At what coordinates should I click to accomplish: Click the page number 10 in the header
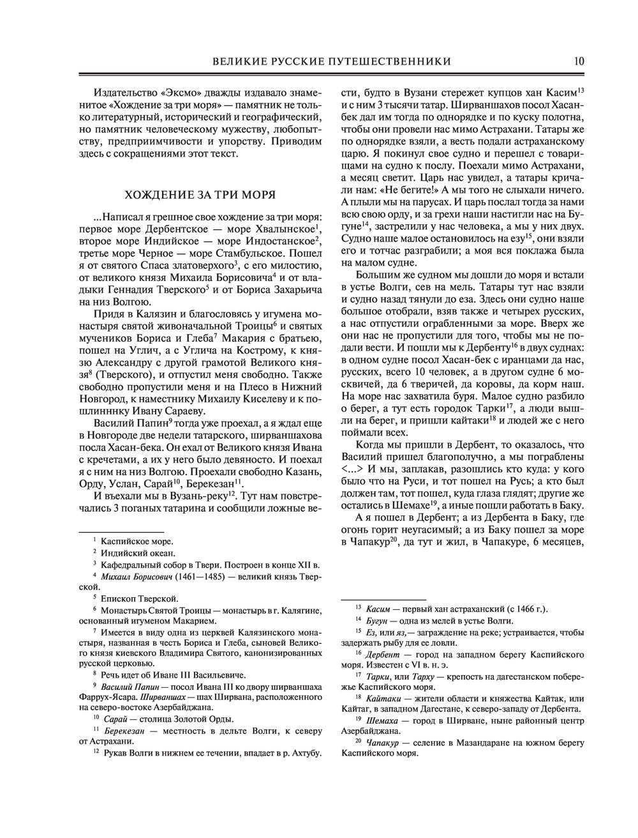(x=579, y=61)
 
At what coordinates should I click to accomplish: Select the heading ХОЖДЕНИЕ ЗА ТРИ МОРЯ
(x=200, y=194)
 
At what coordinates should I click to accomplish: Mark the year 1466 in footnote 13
(x=521, y=608)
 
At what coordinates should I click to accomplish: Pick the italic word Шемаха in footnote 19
(x=380, y=720)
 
